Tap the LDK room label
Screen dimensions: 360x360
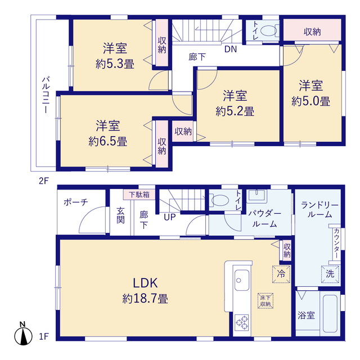145,283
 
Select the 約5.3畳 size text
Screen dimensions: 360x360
115,64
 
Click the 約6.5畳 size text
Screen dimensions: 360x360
107,141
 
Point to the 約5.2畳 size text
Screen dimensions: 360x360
235,111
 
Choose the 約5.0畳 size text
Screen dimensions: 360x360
310,101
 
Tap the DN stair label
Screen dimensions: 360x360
231,49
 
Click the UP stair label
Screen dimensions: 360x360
170,217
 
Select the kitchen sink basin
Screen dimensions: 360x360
242,280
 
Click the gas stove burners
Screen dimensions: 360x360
242,322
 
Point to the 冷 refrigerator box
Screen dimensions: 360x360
281,274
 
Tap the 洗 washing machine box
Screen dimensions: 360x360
330,274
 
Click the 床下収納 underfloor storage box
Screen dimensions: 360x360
265,301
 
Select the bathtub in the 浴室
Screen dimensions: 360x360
330,313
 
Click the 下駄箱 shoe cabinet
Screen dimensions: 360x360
139,195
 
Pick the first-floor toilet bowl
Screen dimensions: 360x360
220,200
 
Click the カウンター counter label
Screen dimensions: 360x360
336,244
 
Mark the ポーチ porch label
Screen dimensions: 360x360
76,202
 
